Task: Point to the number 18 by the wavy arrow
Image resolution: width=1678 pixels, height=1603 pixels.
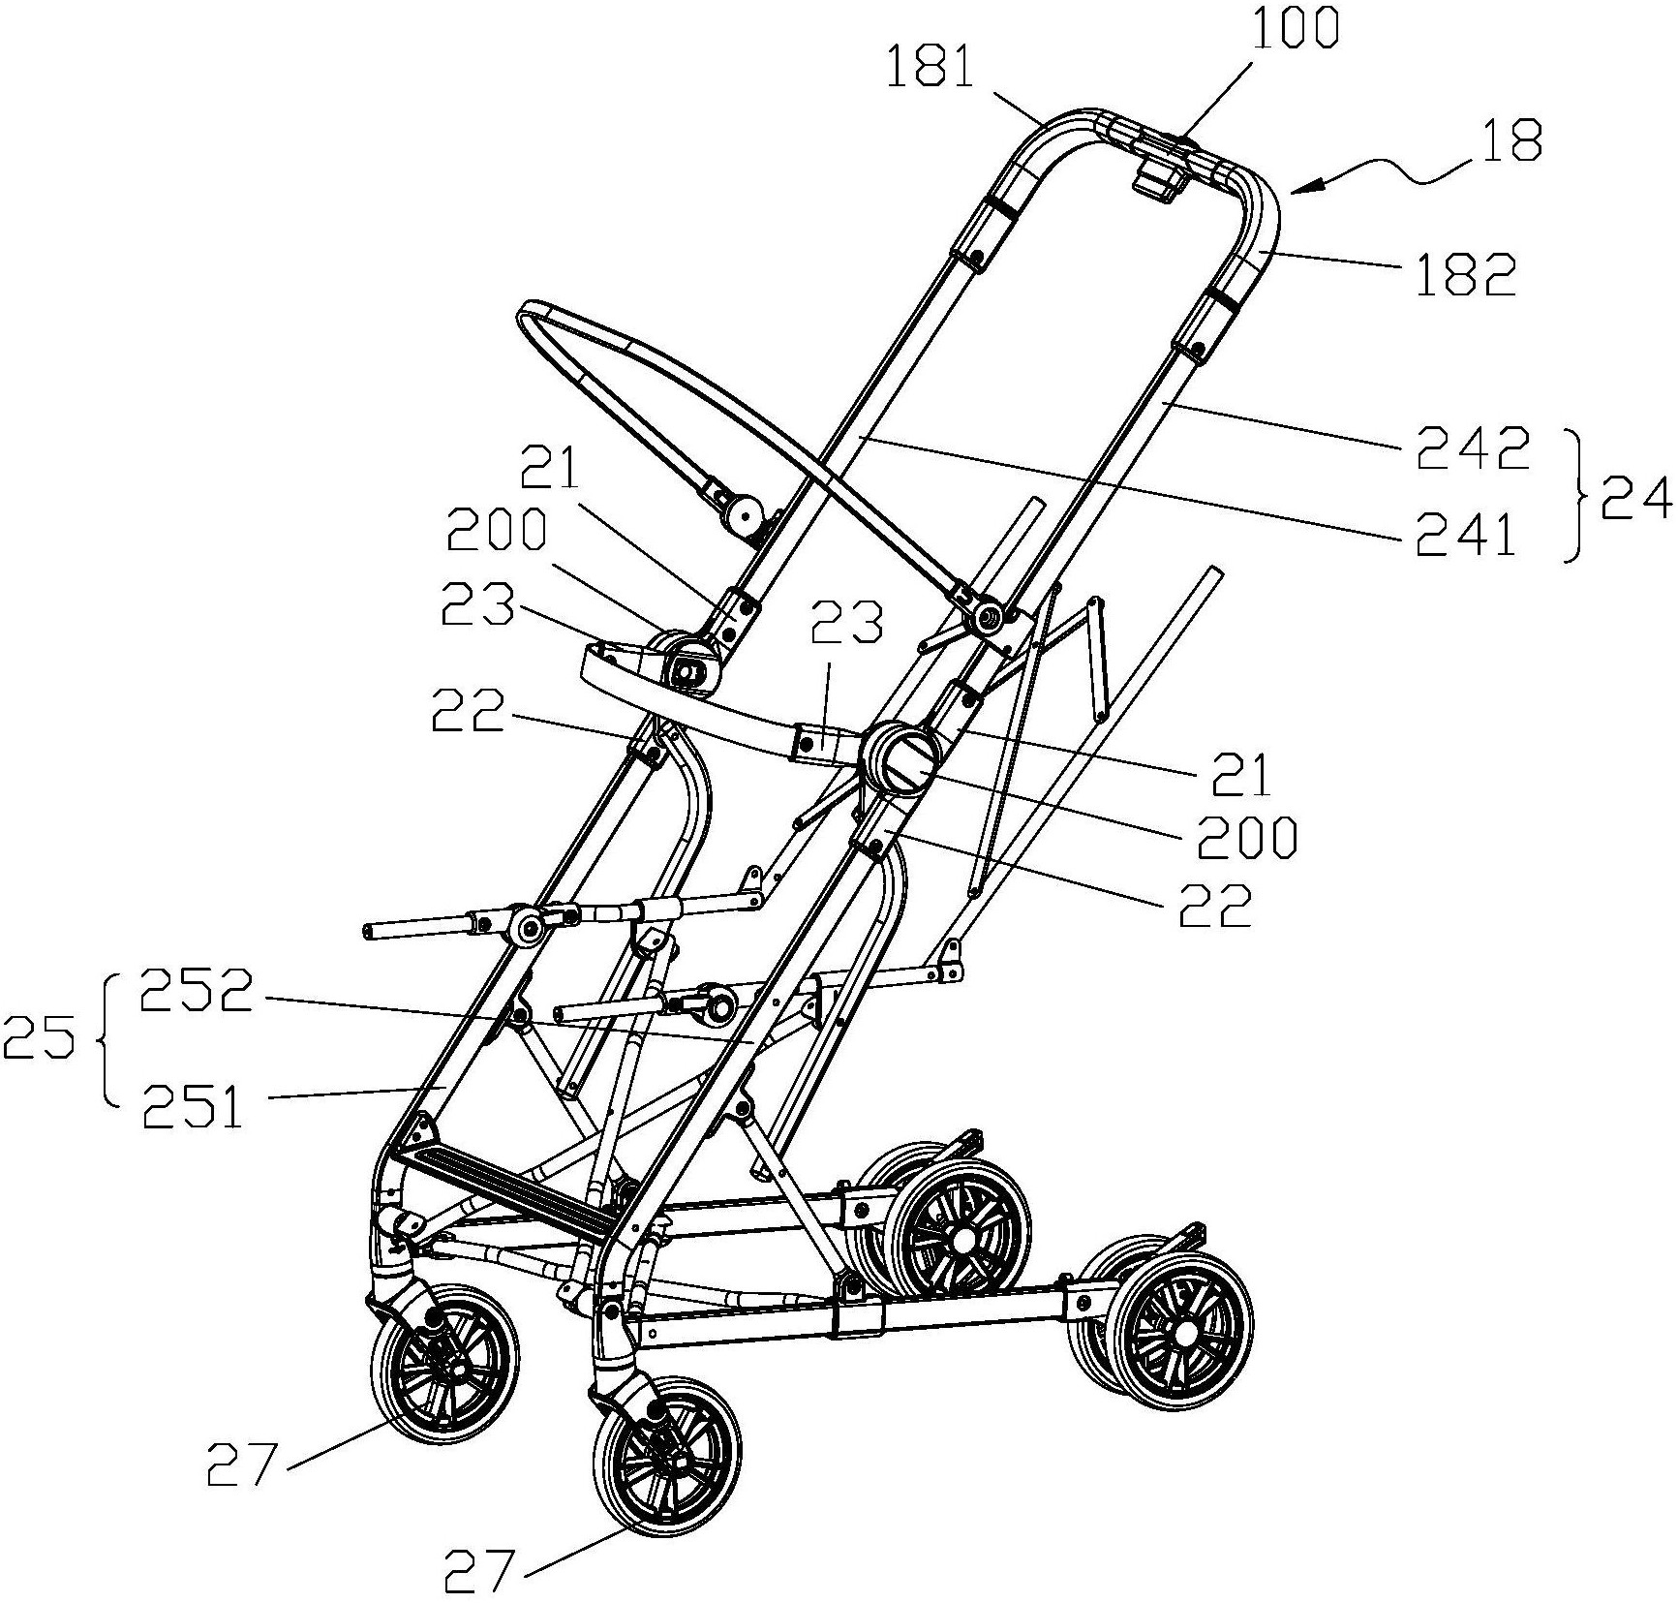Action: click(1511, 140)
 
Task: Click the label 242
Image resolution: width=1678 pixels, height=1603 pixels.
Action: click(1473, 449)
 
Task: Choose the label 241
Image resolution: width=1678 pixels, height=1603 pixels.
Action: click(1466, 537)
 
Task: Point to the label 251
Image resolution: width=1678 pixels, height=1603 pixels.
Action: click(192, 1107)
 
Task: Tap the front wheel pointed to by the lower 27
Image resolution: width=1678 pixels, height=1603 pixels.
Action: click(666, 1450)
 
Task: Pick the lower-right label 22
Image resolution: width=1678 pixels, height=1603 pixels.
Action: click(1215, 904)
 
